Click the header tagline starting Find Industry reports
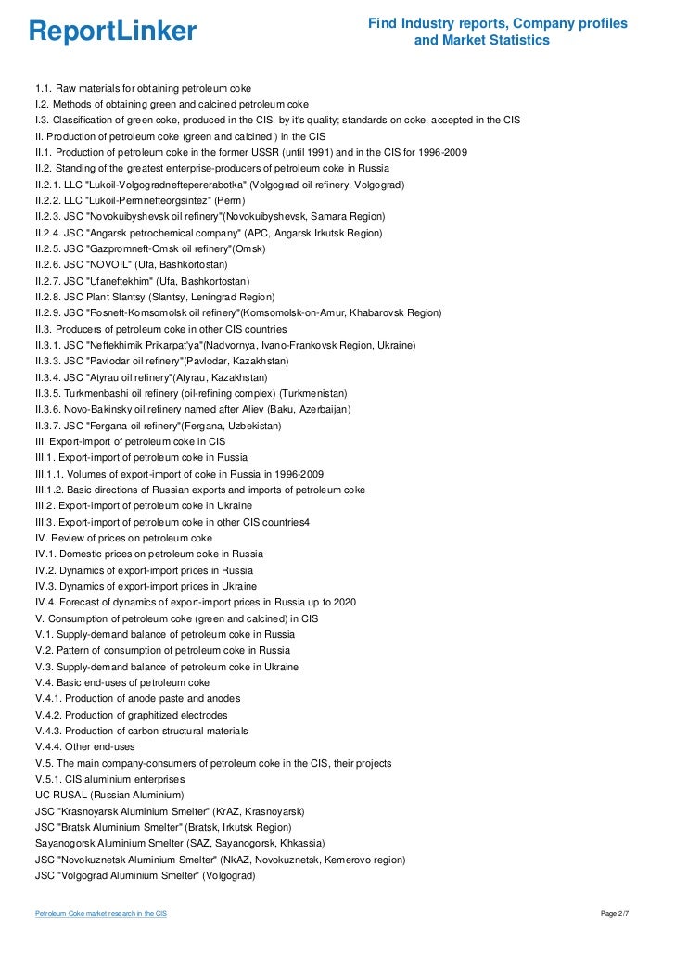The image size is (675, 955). click(x=497, y=32)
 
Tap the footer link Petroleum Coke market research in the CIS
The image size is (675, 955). click(x=101, y=914)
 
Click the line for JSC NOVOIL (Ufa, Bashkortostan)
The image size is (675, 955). click(x=126, y=264)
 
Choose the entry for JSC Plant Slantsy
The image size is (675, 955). click(x=155, y=297)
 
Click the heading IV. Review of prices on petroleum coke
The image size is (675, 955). click(x=123, y=538)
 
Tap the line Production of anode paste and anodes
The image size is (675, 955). click(x=138, y=698)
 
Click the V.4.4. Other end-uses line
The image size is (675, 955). click(x=85, y=746)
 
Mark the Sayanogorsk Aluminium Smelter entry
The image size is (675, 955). click(x=180, y=843)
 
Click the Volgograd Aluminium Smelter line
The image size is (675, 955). click(x=145, y=875)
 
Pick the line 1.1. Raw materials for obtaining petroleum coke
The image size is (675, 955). click(x=137, y=88)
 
